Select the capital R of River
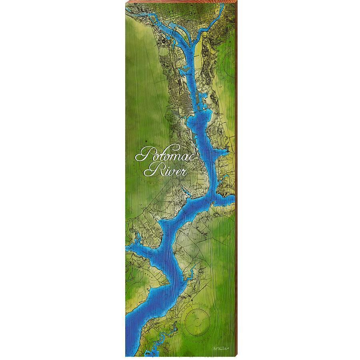150,171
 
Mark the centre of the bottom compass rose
196,318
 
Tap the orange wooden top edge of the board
180,2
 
